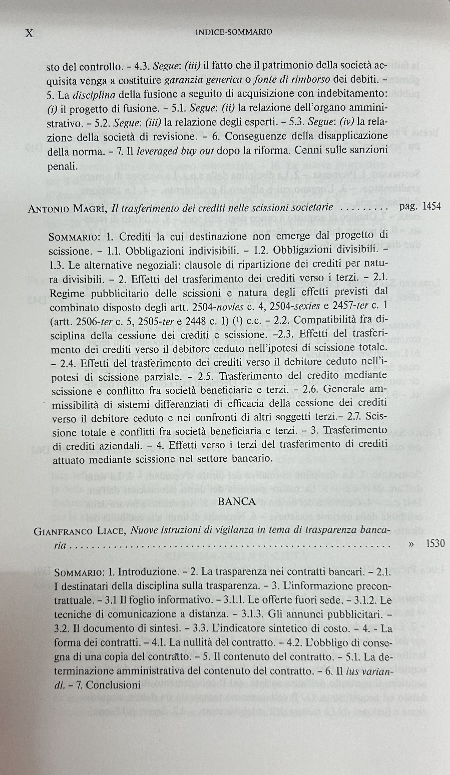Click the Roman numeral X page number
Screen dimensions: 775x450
29,33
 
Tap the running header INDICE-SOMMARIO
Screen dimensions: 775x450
234,32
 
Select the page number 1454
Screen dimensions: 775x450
432,206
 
